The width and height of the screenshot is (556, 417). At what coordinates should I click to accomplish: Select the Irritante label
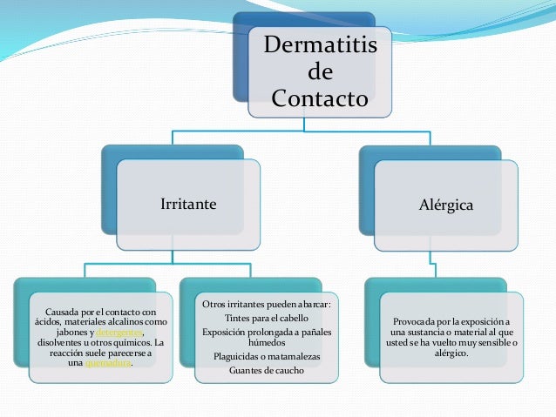click(187, 205)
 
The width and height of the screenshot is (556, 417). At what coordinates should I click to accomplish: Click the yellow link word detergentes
click(117, 333)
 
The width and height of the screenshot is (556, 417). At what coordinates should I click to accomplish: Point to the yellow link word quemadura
click(108, 364)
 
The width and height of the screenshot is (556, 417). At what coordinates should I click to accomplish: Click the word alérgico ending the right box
click(451, 353)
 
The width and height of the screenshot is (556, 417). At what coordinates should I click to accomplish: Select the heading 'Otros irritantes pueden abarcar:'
click(272, 303)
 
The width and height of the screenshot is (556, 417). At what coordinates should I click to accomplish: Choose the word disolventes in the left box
click(55, 343)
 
